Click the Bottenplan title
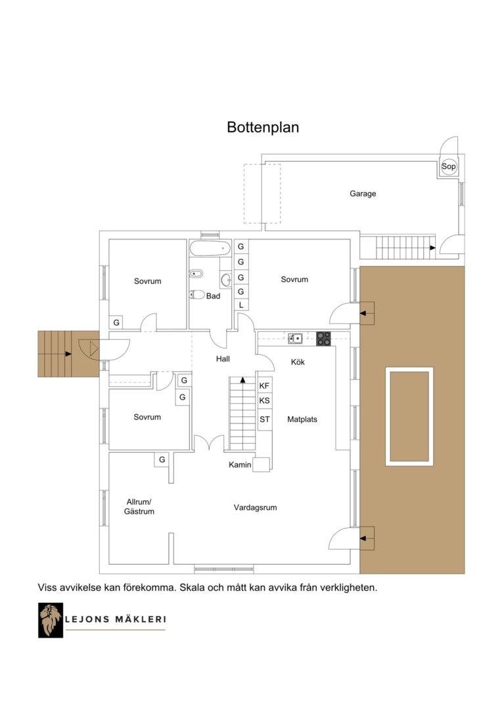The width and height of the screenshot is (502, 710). coord(263,128)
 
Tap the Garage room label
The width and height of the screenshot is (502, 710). coord(363,194)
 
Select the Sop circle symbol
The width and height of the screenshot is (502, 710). coord(449,166)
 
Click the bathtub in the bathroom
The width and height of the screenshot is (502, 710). coord(210,248)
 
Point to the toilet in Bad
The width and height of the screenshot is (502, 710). coord(197,295)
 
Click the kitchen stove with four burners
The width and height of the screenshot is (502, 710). coord(323,339)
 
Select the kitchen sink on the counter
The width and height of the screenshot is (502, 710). coord(295,339)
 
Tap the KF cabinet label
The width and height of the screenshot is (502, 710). coord(264,387)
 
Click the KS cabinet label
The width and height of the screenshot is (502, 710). coord(264,401)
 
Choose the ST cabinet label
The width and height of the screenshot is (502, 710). coord(264,419)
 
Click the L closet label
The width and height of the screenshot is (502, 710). coord(240,305)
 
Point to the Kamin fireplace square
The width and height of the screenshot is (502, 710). coord(262,465)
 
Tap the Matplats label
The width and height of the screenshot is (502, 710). coord(302,419)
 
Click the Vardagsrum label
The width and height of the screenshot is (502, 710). coord(256,508)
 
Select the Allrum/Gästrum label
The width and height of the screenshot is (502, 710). coord(139,507)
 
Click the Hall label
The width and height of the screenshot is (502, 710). coord(223,359)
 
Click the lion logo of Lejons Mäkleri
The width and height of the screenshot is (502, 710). coord(50,621)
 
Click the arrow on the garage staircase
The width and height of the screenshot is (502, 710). coord(432,248)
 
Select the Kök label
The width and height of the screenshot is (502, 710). coord(298,362)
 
